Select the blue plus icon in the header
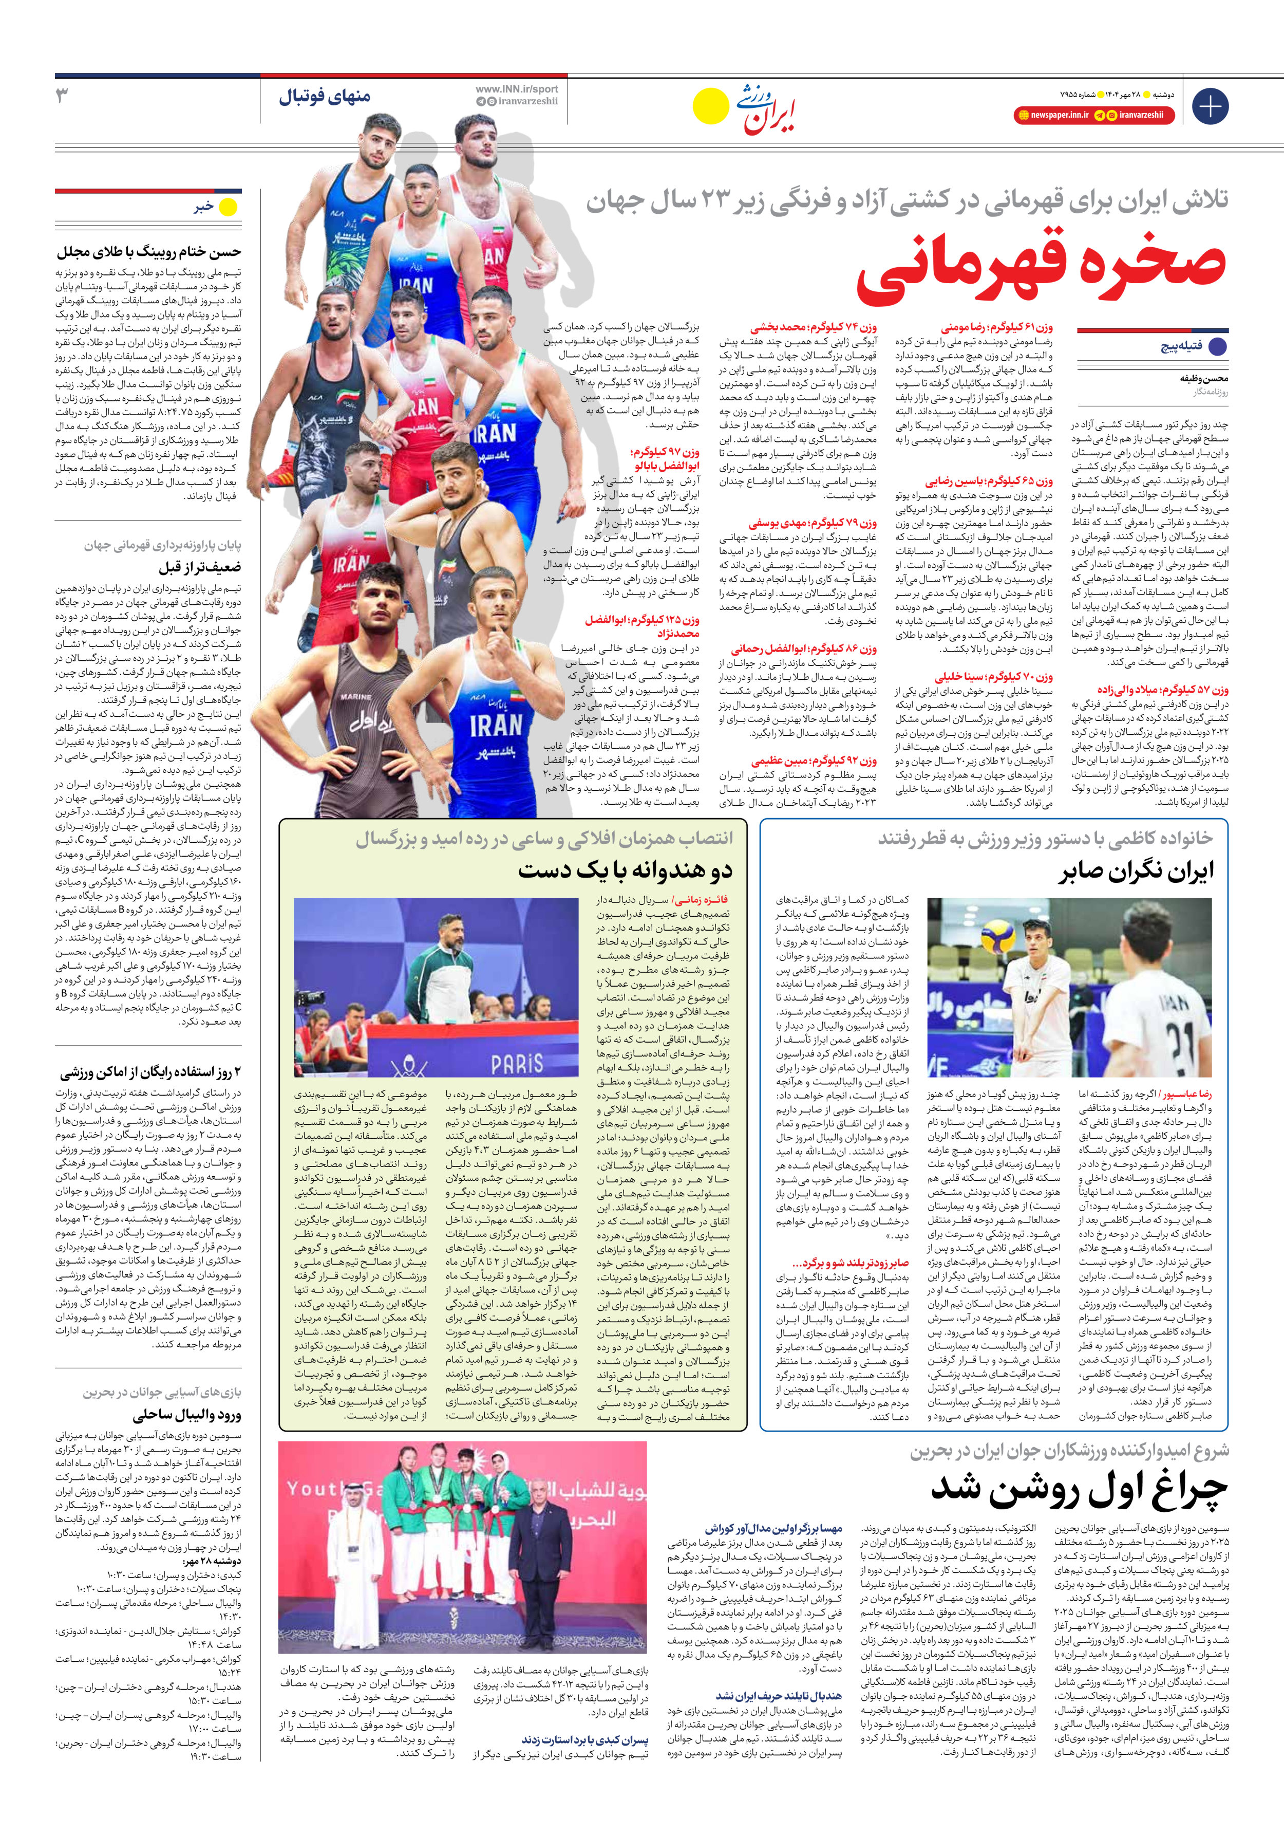[1210, 106]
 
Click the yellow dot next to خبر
[229, 208]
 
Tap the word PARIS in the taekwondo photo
[517, 1064]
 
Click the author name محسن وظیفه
[1204, 379]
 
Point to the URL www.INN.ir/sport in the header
[517, 89]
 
